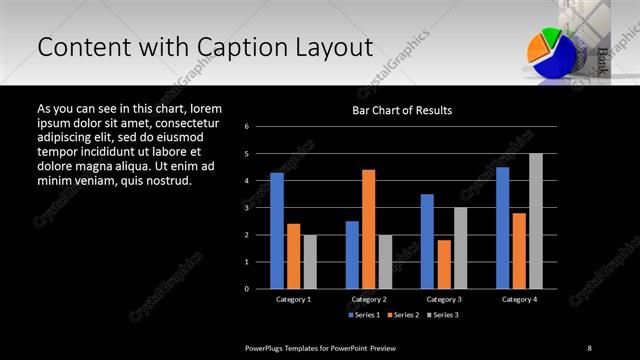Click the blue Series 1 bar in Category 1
pos(276,231)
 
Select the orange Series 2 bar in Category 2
pos(368,229)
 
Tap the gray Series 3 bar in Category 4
pos(536,221)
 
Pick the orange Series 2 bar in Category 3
pos(444,264)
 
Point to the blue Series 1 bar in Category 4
pos(502,228)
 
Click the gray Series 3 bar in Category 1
pos(310,262)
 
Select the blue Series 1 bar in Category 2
pos(352,255)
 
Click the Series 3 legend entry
pos(444,315)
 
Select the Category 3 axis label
pos(444,299)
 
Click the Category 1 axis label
pos(293,299)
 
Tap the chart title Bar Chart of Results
pos(402,110)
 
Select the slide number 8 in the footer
pos(590,347)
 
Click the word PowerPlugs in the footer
pos(268,347)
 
